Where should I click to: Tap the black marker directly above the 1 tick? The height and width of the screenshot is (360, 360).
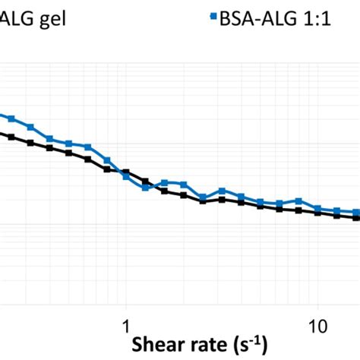click(x=126, y=172)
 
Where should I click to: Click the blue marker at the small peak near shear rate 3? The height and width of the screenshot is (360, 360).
click(x=222, y=190)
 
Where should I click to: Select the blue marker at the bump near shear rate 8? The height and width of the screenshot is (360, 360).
click(x=299, y=202)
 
